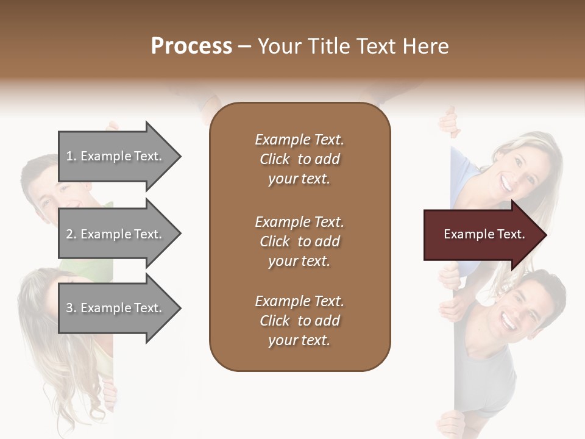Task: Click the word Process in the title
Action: click(191, 46)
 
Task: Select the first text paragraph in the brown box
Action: click(299, 159)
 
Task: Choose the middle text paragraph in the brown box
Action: click(299, 241)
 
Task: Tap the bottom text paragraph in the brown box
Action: click(299, 321)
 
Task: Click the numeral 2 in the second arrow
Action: click(69, 234)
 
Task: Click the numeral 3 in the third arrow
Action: click(69, 308)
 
